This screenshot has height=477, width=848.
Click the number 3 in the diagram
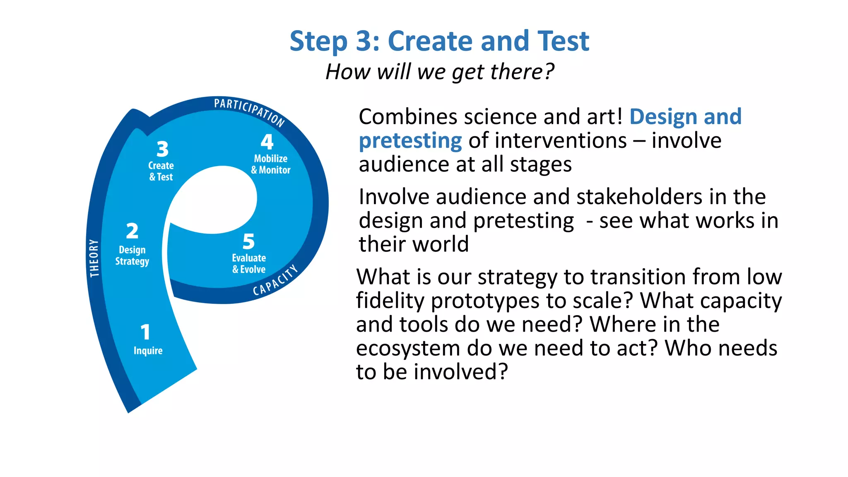[162, 149]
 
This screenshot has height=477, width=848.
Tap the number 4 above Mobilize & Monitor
[267, 142]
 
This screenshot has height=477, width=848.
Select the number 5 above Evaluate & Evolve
[248, 241]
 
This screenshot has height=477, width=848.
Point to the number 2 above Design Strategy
[132, 231]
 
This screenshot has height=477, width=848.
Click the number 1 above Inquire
[145, 332]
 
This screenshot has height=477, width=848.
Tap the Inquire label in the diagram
[148, 351]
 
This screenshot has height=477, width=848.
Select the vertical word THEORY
[94, 258]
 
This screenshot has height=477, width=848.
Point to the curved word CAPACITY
[275, 280]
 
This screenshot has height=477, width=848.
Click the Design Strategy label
[132, 255]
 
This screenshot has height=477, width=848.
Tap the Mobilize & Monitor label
[271, 164]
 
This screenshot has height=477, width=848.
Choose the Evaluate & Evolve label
[249, 263]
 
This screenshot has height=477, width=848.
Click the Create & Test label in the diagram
[161, 171]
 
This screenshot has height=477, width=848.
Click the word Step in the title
[318, 42]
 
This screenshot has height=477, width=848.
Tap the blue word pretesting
[410, 141]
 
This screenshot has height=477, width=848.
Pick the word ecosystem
[408, 348]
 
